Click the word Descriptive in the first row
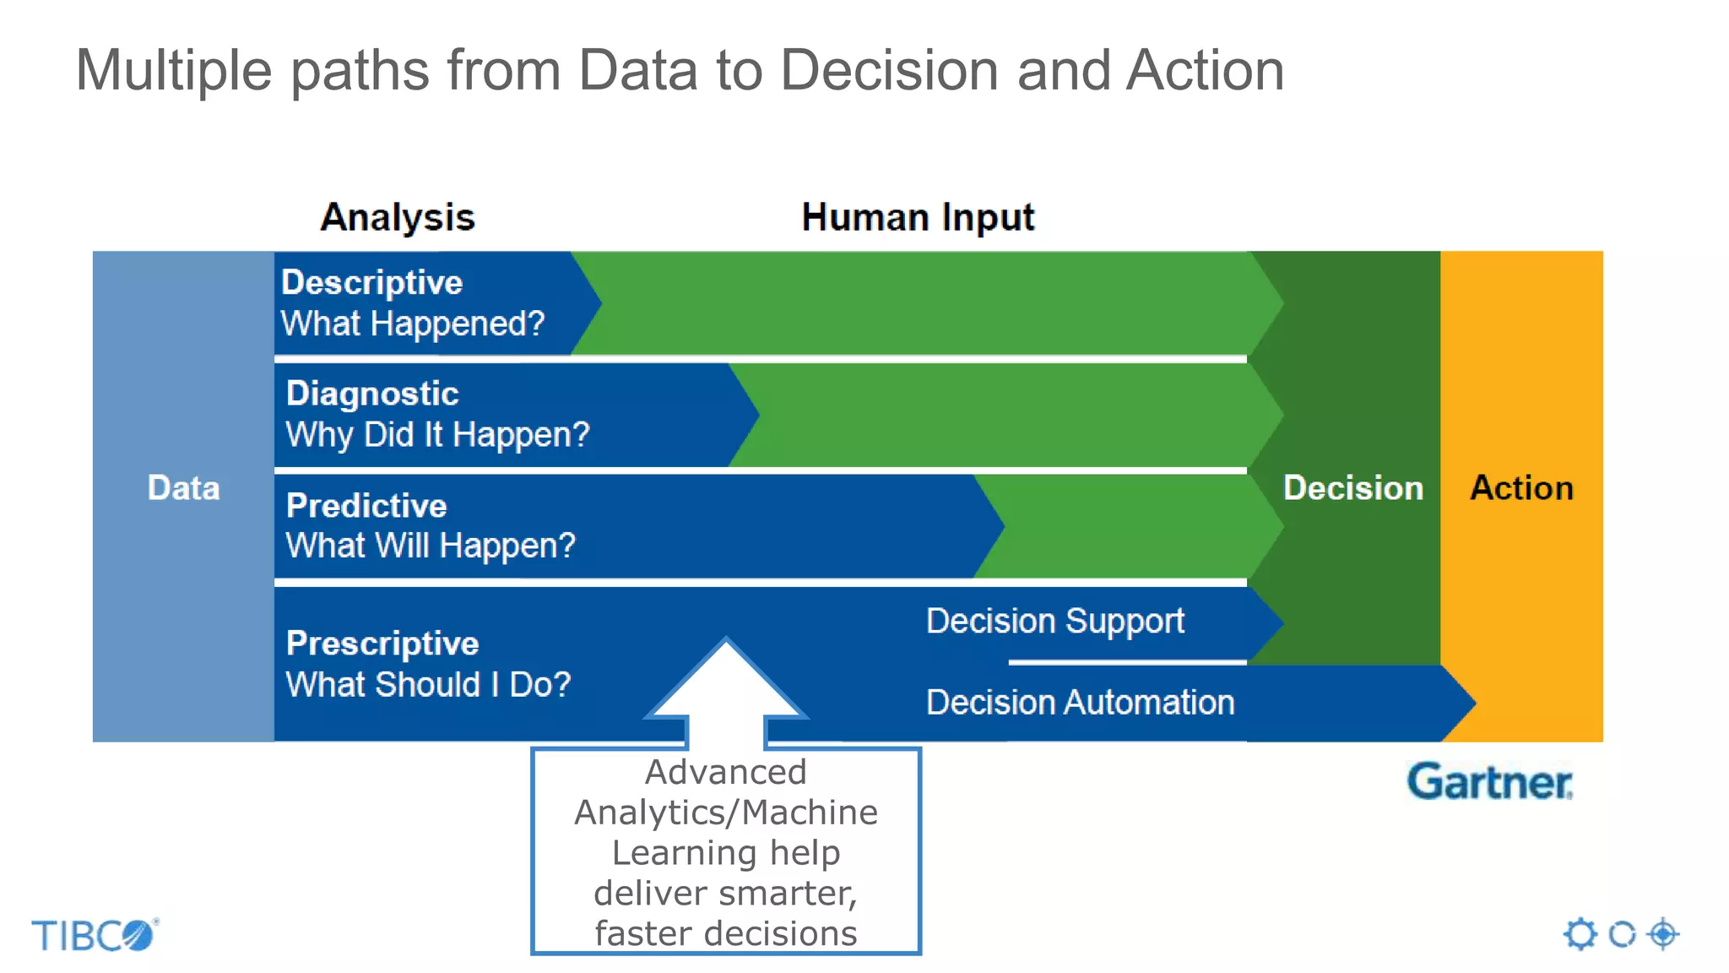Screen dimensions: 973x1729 coord(371,282)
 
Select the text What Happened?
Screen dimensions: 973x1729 coord(412,323)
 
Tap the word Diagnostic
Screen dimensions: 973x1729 coord(372,394)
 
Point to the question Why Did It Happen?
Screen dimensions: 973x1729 coord(437,435)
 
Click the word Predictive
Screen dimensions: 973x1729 coord(366,505)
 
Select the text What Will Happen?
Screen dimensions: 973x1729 coord(431,546)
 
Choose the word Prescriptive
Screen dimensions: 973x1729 coord(382,644)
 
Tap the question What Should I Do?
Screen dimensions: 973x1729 coord(428,684)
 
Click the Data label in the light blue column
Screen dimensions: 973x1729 coord(183,488)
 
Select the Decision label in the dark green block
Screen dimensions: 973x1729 coord(1352,488)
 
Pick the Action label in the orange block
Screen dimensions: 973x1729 coord(1521,488)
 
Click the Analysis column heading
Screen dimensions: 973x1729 coord(398,217)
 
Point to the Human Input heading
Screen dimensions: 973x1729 coord(918,217)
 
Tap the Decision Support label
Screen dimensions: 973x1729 coord(1055,621)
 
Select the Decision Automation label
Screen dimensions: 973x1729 coord(1080,702)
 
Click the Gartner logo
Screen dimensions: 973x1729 coord(1489,781)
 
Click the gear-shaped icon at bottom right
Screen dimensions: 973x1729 coord(1580,934)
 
